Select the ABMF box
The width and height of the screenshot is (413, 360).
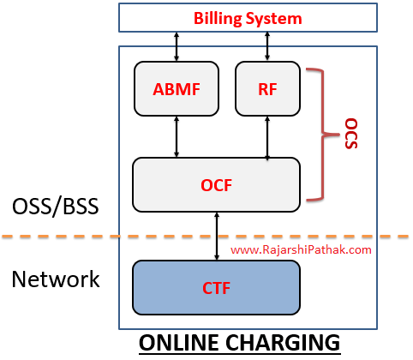177,88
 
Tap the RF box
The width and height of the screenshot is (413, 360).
268,88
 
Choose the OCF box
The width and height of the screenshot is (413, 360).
217,184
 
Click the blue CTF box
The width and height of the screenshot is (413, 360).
217,287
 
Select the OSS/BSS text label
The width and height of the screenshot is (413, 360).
56,207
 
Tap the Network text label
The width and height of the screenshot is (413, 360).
56,279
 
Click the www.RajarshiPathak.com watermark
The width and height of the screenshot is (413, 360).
301,250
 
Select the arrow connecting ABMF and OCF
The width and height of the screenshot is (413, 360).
177,136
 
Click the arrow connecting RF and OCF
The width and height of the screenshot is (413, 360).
268,136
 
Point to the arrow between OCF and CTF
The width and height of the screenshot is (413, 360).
217,236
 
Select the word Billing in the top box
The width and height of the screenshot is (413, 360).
219,17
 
